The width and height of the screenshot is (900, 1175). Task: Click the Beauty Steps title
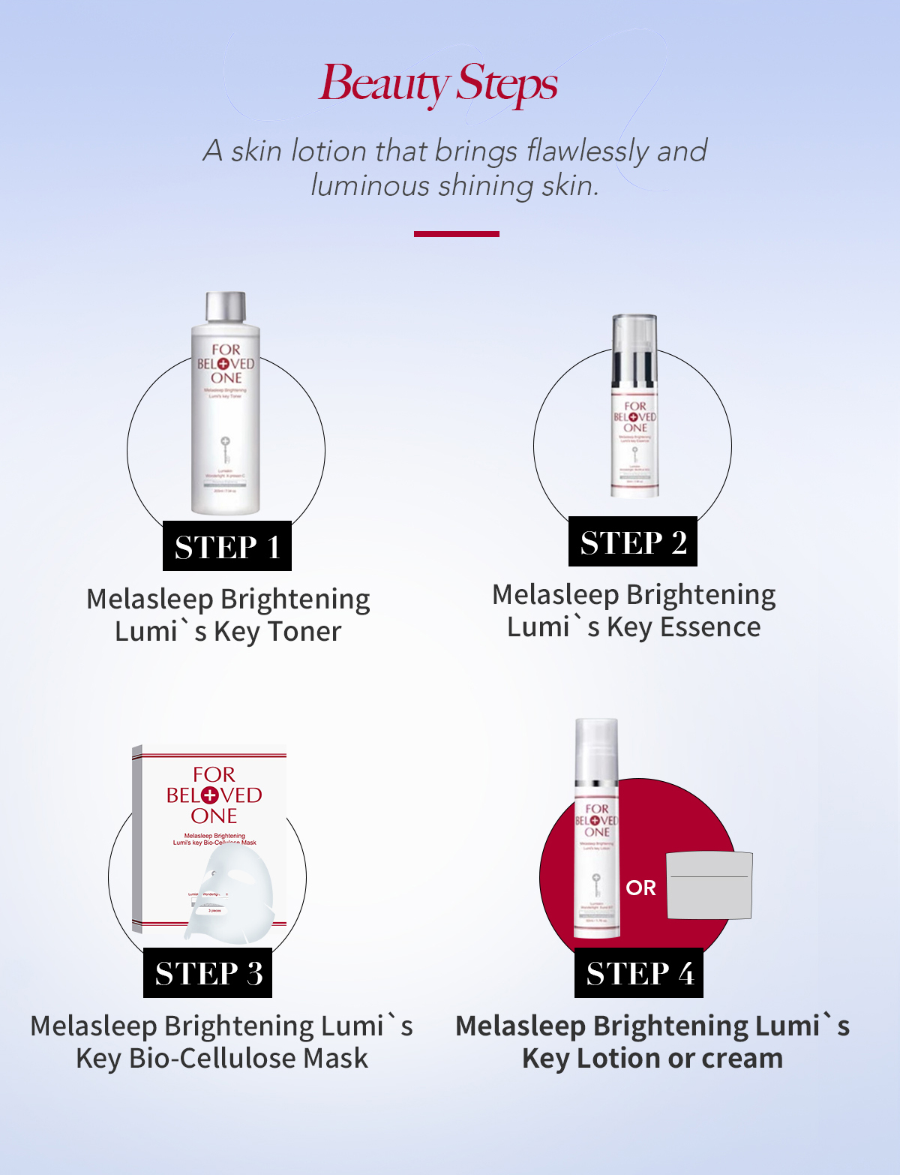(439, 84)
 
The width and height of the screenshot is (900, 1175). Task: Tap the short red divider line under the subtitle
(456, 234)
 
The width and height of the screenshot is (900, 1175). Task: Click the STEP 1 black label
(227, 546)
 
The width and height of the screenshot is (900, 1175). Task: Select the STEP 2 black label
(633, 542)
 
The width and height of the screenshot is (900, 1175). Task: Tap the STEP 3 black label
(208, 973)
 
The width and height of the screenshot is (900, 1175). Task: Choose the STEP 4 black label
(639, 973)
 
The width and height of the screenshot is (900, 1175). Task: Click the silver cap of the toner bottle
(226, 306)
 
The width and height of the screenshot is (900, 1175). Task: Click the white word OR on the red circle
(640, 888)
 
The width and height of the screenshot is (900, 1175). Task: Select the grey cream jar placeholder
(709, 885)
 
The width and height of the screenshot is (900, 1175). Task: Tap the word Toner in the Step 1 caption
(304, 632)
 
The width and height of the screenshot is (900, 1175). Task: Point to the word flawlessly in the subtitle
(587, 151)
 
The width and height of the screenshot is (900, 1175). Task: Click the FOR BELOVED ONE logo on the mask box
(214, 795)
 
